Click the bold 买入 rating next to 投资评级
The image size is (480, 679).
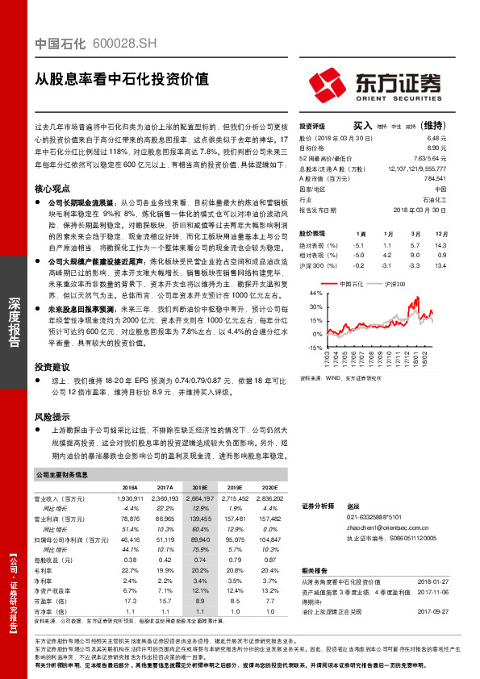click(x=363, y=126)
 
